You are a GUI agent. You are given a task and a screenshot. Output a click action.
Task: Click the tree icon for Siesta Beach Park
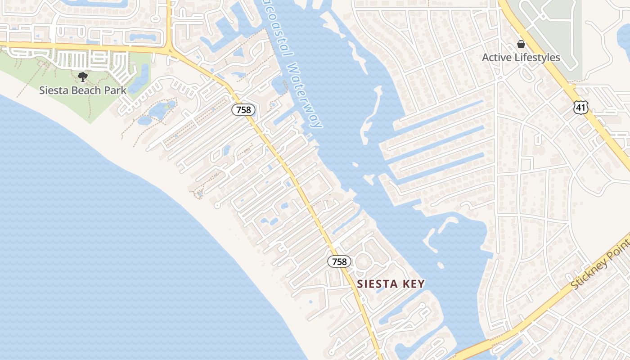pos(83,77)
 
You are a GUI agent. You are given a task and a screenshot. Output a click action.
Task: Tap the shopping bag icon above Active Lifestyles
pos(521,44)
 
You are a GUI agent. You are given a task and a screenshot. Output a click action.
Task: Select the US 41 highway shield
pos(580,107)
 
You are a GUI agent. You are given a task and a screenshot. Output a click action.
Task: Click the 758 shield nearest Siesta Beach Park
pos(244,109)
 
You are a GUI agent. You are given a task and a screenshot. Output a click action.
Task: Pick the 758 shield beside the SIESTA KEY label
pos(339,261)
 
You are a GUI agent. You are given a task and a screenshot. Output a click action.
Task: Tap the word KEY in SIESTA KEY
pos(414,284)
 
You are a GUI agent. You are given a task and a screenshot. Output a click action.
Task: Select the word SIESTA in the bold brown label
pos(378,284)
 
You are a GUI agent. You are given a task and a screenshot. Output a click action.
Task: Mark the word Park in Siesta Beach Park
pos(116,90)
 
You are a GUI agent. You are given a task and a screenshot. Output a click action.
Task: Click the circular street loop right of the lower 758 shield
pos(364,261)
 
